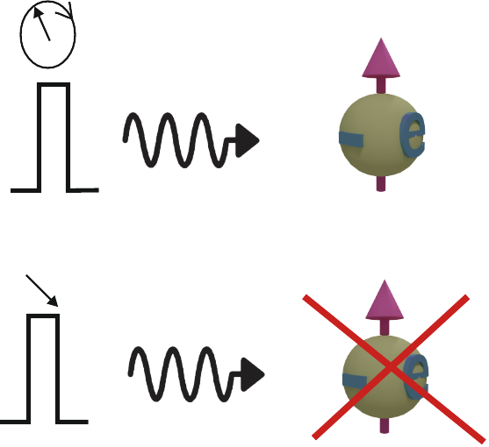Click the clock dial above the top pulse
(21, 34)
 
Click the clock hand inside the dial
(42, 25)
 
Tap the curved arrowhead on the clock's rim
(69, 12)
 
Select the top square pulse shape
(40, 137)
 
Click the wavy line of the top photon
(176, 140)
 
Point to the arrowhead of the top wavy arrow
(247, 140)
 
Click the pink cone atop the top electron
(381, 58)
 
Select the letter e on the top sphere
(413, 134)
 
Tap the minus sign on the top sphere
(351, 139)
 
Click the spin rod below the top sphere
(381, 184)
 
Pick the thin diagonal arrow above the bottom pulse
(42, 290)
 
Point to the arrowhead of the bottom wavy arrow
(253, 374)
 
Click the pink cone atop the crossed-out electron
(385, 300)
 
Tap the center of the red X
(390, 367)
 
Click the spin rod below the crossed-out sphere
(385, 425)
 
